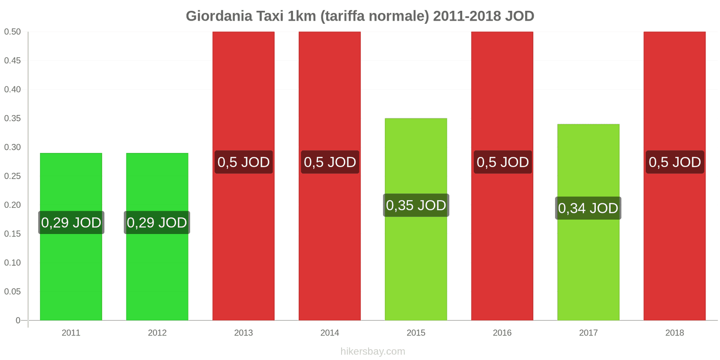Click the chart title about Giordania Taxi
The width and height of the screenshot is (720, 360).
coord(360,16)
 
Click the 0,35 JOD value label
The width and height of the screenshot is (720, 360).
coord(416,205)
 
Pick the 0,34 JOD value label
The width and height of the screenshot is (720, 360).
coord(588,208)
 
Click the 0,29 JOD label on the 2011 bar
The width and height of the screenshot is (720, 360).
coord(71,222)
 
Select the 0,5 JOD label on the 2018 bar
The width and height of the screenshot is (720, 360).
coord(675,162)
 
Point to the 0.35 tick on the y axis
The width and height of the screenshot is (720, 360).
coord(13,118)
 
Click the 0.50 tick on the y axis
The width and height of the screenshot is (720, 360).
coord(13,31)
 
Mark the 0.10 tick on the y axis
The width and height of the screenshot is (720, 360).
coord(13,263)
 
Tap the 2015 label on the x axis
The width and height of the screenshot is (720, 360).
coord(416,333)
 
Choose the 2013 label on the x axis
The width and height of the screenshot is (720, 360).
coord(243,333)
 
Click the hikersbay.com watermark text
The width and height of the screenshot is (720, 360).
coord(373,351)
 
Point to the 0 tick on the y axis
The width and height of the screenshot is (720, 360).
coord(18,320)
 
